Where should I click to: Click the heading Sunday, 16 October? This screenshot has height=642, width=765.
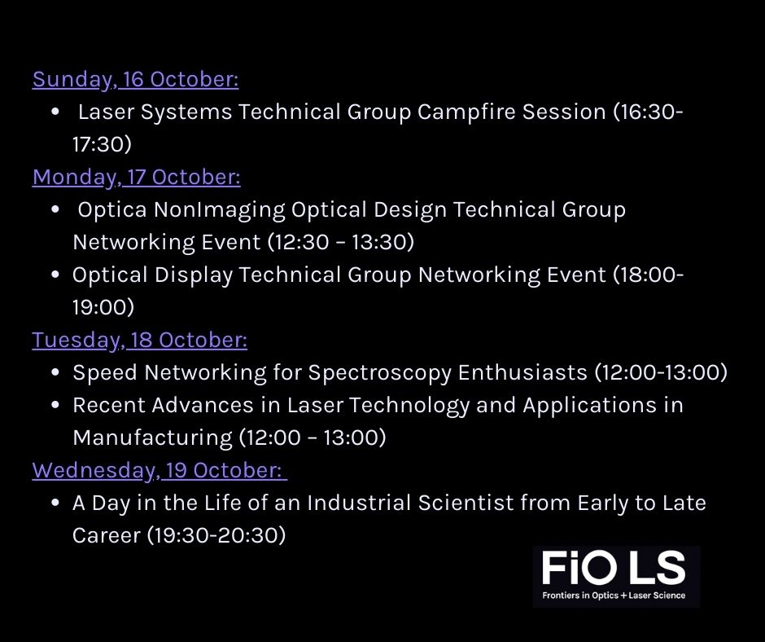click(x=135, y=80)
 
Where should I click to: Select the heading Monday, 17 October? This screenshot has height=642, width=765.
click(x=136, y=178)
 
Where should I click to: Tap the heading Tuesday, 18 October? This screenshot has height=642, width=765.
click(x=139, y=340)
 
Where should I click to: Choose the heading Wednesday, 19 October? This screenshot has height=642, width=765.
click(x=159, y=470)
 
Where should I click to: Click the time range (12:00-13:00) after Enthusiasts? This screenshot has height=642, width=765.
click(x=660, y=373)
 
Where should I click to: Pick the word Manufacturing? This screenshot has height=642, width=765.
click(x=152, y=438)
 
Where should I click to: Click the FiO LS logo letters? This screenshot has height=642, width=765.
click(x=614, y=568)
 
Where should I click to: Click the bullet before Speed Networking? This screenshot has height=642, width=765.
click(x=55, y=373)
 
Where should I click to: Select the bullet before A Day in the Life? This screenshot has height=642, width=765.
click(x=55, y=503)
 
